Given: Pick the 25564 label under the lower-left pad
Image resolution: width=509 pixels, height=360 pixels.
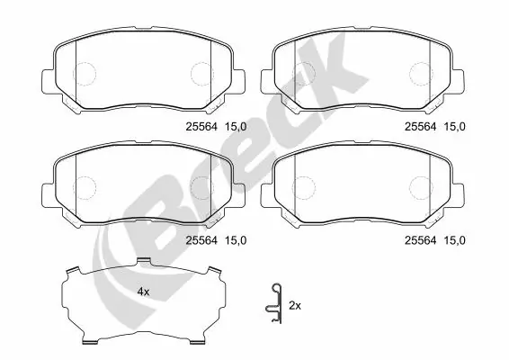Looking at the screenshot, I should (x=200, y=239).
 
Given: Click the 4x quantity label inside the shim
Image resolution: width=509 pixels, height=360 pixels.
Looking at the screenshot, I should (x=142, y=292).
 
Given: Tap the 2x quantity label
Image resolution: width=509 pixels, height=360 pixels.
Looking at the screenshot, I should (x=294, y=306).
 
